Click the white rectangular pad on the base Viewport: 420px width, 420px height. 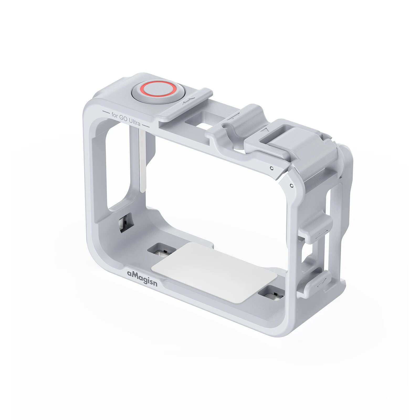(x=214, y=272)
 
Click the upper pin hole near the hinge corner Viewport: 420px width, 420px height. (x=272, y=168)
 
